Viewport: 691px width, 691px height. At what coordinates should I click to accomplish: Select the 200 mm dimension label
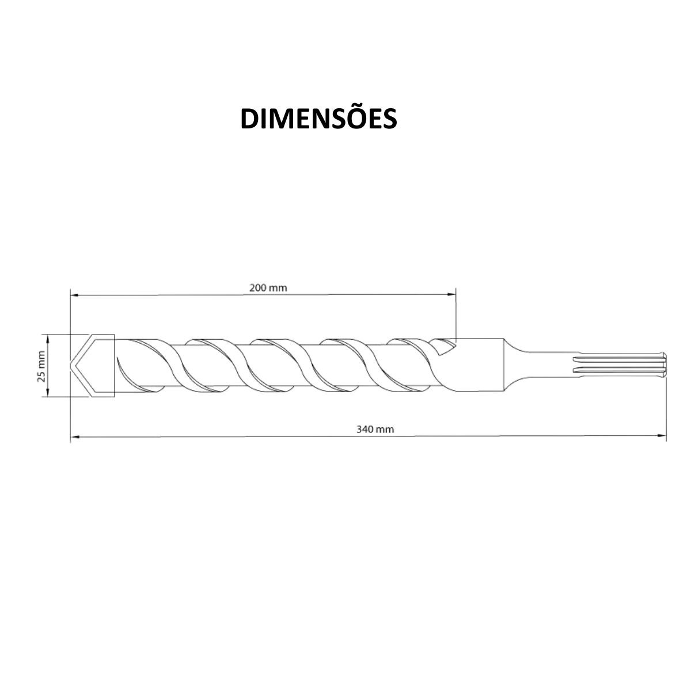268,287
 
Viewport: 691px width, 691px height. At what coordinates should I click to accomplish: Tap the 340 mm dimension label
375,429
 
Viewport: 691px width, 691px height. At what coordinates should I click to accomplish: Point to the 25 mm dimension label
41,366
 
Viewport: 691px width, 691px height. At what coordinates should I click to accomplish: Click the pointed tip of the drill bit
71,366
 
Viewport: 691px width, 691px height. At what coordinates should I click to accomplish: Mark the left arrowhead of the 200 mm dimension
74,295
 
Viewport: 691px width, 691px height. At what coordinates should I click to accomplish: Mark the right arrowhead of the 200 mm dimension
451,294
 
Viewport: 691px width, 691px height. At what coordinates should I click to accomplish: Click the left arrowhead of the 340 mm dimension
74,436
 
